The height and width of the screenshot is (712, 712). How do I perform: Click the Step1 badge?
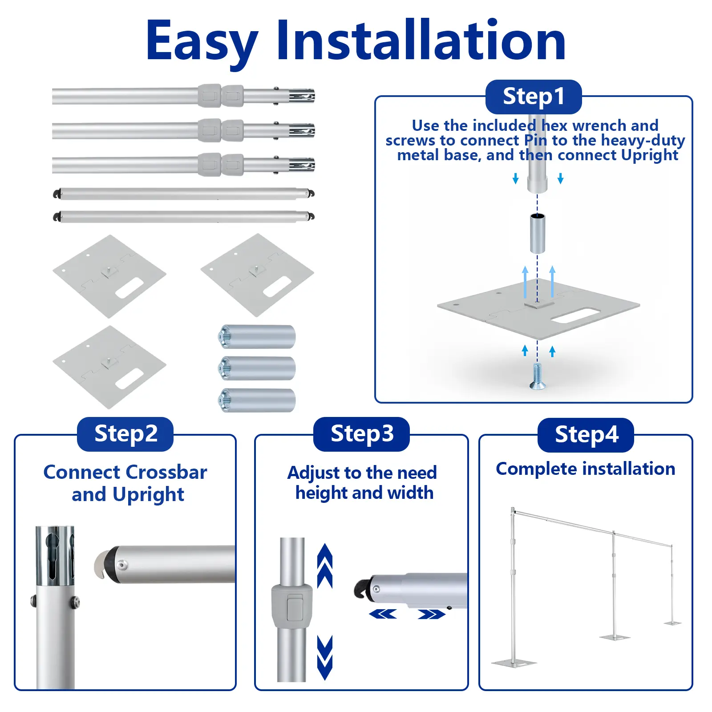(x=534, y=97)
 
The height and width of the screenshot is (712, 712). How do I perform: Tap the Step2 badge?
(x=125, y=434)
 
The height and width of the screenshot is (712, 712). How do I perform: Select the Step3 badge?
(x=361, y=434)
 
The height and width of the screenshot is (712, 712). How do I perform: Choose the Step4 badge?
(x=586, y=435)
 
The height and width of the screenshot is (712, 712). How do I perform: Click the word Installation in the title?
(x=421, y=41)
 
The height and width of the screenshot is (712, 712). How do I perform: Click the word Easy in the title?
(x=202, y=43)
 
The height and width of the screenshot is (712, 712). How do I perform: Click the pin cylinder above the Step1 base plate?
(x=538, y=233)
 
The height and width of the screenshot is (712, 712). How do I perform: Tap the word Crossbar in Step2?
(x=166, y=473)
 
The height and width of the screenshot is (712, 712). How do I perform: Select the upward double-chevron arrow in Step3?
(x=325, y=566)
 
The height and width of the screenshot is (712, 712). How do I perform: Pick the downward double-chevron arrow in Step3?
(x=325, y=658)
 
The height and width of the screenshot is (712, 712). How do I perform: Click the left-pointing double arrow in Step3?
(x=383, y=614)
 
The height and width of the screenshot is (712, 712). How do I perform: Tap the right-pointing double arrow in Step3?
(x=432, y=614)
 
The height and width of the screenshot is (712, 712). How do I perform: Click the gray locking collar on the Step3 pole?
(x=292, y=606)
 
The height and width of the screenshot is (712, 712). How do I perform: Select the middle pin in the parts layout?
(x=257, y=368)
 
